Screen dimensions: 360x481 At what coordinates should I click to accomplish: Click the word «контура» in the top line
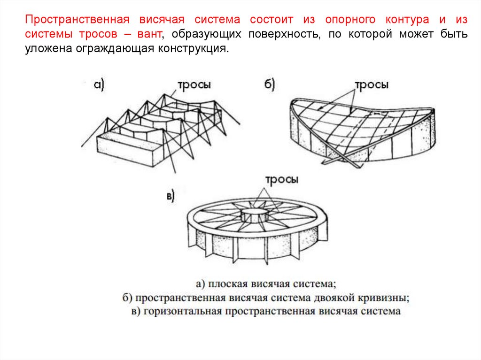(x=407, y=20)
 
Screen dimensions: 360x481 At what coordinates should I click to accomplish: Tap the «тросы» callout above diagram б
(x=371, y=85)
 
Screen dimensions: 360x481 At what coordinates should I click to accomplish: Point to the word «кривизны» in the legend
(x=390, y=298)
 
